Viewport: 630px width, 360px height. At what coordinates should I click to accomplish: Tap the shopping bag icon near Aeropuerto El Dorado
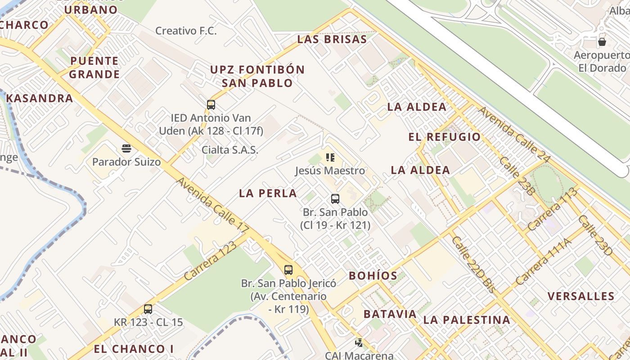(x=602, y=42)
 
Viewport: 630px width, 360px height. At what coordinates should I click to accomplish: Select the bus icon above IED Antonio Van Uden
(x=211, y=105)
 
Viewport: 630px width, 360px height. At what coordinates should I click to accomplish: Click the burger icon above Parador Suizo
(x=126, y=148)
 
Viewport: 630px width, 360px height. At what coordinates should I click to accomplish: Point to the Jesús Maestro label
(x=330, y=171)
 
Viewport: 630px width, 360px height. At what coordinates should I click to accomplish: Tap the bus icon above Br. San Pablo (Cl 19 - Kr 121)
(x=335, y=198)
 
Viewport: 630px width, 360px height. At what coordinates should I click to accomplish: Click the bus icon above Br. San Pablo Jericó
(x=288, y=270)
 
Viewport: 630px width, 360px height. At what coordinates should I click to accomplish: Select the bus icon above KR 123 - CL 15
(x=148, y=309)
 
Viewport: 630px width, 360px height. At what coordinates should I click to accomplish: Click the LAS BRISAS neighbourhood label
(x=332, y=39)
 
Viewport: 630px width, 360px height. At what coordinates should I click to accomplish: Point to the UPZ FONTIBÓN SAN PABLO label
(x=257, y=76)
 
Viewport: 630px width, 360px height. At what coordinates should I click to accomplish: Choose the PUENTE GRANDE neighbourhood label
(x=94, y=67)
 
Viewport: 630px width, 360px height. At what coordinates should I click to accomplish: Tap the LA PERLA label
(x=268, y=193)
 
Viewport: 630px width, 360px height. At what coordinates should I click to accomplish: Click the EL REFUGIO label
(x=445, y=137)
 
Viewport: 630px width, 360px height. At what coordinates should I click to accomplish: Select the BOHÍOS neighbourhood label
(x=373, y=276)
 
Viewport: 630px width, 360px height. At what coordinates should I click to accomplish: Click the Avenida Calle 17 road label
(x=212, y=205)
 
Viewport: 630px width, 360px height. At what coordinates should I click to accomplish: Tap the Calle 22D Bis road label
(x=473, y=265)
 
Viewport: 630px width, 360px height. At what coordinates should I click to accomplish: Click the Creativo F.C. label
(x=186, y=31)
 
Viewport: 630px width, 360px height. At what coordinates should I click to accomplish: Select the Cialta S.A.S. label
(x=230, y=150)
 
